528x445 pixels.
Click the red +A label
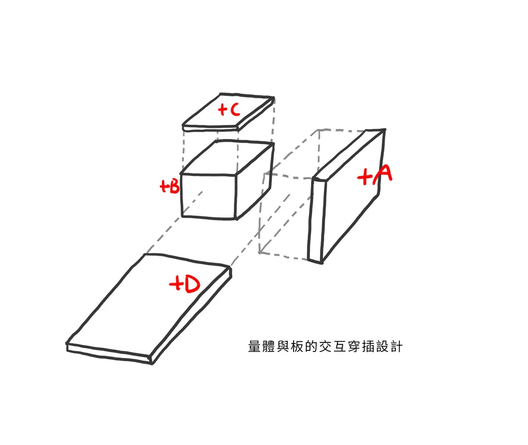(374, 174)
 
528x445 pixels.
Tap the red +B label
(169, 186)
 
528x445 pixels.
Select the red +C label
(229, 109)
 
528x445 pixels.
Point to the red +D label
(184, 284)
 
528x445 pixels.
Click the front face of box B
(209, 196)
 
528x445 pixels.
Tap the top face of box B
(227, 158)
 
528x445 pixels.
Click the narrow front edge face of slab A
(317, 220)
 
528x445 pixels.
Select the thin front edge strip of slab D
(109, 353)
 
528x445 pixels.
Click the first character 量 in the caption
(254, 347)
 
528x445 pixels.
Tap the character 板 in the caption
(297, 347)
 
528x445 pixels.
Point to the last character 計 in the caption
(397, 347)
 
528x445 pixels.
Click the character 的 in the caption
(312, 347)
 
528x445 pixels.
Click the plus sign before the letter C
(222, 109)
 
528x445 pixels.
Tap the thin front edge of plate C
(211, 128)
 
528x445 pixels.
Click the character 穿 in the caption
(354, 347)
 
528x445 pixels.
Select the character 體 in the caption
(269, 347)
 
